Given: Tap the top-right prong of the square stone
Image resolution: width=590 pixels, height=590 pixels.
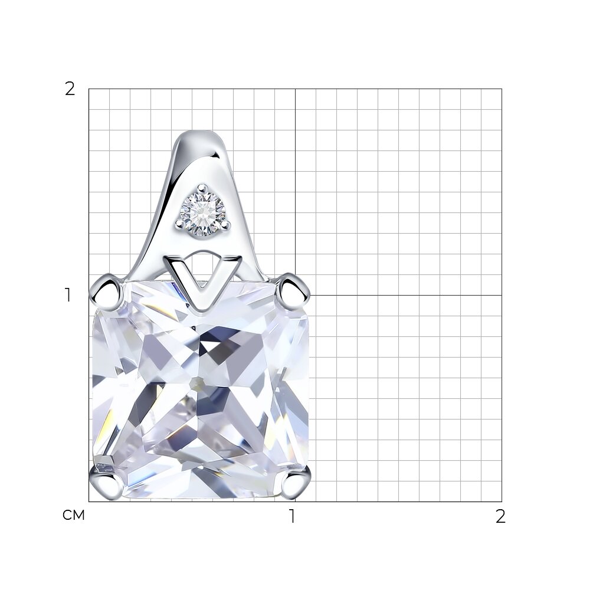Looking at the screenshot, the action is point(293,291).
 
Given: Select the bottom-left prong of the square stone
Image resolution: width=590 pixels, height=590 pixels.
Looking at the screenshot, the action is point(106,484).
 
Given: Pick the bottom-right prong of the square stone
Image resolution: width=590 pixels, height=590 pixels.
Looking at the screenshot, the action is point(296,484).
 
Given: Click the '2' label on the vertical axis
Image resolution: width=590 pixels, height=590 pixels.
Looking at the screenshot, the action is point(70,89).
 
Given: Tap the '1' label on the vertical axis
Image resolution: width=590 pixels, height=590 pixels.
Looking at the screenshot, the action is point(68,296).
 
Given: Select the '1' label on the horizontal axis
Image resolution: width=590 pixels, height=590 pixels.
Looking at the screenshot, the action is point(293,516).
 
